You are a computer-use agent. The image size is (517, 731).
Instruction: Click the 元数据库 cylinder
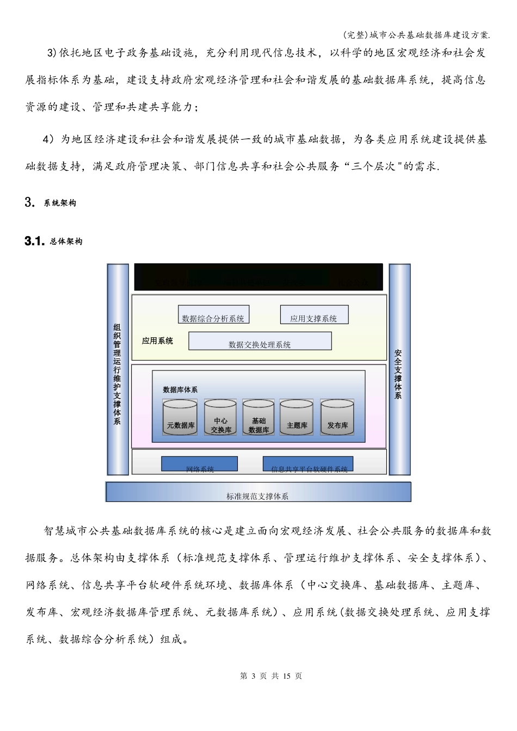[x=180, y=418]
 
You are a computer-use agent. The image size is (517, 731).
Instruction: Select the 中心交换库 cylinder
[x=220, y=418]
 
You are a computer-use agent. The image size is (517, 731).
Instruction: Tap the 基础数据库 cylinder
[x=258, y=418]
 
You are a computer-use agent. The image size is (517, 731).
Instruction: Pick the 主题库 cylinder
[x=297, y=418]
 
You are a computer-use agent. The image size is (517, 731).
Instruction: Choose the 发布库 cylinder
[x=337, y=418]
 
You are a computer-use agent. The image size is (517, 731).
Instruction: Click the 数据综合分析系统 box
[x=213, y=315]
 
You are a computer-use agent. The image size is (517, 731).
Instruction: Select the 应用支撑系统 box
[x=314, y=315]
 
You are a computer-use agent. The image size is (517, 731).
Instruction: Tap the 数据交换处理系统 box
[x=260, y=341]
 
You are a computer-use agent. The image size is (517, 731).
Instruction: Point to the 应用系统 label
[x=157, y=341]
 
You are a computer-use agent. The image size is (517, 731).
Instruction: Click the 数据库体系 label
[x=180, y=389]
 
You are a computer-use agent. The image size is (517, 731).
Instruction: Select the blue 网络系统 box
[x=199, y=464]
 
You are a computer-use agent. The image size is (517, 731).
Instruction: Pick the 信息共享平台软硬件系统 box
[x=308, y=464]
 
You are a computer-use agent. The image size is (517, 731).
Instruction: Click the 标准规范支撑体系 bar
[x=258, y=492]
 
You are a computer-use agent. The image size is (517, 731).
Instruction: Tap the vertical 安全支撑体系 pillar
[x=399, y=370]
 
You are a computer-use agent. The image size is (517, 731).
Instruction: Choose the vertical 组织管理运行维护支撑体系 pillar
[x=118, y=370]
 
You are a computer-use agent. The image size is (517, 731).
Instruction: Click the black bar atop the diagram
[x=258, y=277]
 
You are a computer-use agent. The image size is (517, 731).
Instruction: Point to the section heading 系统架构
[x=60, y=203]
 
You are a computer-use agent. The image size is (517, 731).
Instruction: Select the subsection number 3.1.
[x=34, y=241]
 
